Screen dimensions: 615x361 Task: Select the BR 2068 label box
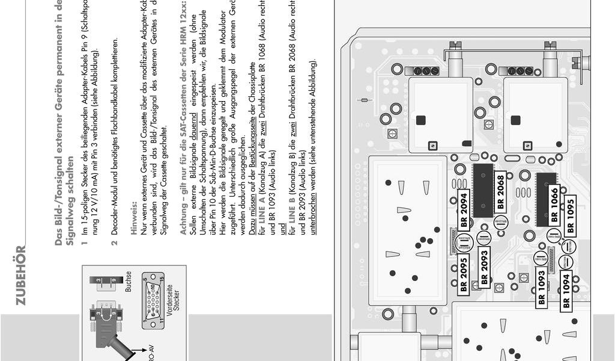tap(500, 191)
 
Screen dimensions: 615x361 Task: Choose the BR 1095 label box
tap(570, 215)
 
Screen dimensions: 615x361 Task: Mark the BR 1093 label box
tap(541, 287)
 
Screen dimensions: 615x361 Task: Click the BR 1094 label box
tap(566, 292)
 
